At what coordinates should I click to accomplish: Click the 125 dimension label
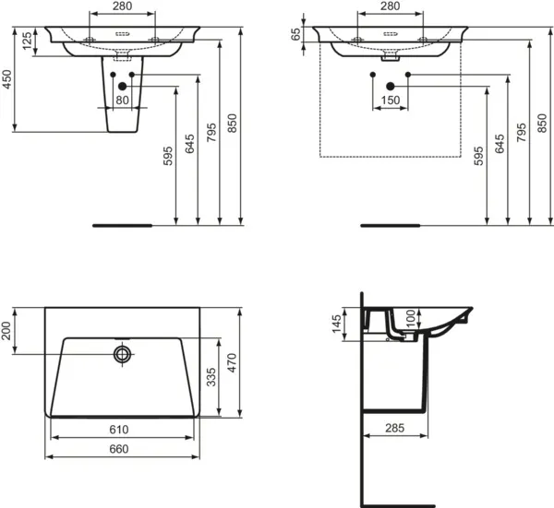click(x=27, y=41)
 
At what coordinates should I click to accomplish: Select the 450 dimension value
click(x=7, y=79)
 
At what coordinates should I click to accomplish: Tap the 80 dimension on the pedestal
click(x=122, y=100)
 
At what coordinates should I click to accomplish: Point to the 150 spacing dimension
click(x=391, y=100)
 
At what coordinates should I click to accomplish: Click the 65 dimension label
click(x=296, y=34)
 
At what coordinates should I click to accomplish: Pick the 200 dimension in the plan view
click(x=6, y=331)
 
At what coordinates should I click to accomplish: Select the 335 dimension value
click(x=211, y=377)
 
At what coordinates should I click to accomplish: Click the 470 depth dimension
click(x=232, y=362)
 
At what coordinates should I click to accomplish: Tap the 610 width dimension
click(x=119, y=430)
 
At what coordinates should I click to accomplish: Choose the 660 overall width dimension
click(x=119, y=449)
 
